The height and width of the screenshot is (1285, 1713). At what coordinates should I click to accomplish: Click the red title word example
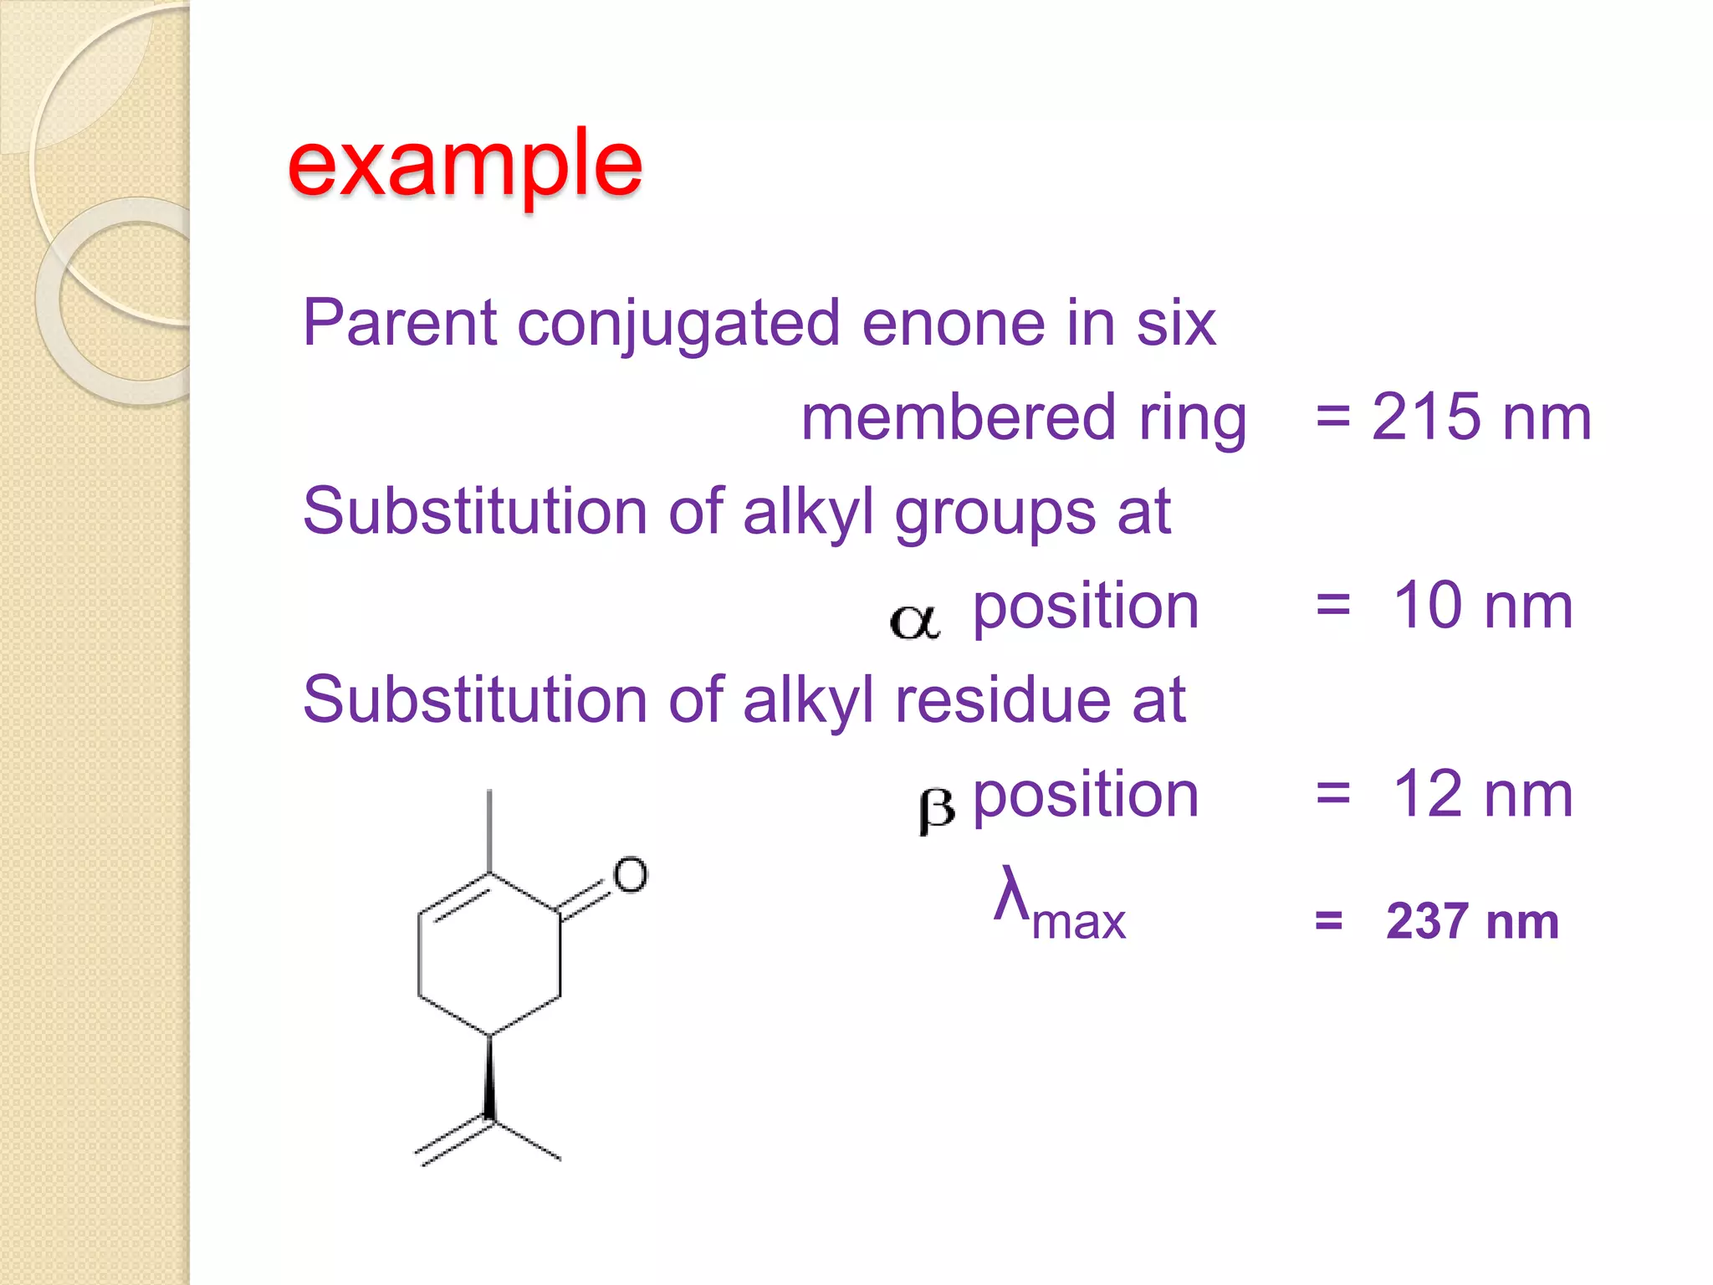[x=464, y=165]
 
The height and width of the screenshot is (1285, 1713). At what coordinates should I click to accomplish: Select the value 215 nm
[x=1480, y=417]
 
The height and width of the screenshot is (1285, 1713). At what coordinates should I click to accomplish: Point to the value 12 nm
[x=1482, y=794]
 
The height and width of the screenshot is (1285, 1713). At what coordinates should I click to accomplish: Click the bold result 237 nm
[x=1472, y=922]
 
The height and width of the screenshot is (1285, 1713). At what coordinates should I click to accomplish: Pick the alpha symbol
[x=914, y=622]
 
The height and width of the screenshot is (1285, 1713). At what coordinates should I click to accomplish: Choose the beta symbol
[x=936, y=809]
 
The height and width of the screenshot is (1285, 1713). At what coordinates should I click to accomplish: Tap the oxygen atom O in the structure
[x=630, y=875]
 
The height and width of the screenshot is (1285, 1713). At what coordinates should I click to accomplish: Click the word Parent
[x=401, y=322]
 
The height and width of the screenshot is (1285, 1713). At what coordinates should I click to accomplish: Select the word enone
[x=953, y=323]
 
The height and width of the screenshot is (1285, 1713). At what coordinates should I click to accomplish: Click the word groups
[x=995, y=513]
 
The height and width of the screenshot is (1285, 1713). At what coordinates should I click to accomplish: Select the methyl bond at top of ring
[x=489, y=831]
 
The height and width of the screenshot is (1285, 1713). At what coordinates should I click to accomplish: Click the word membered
[x=959, y=417]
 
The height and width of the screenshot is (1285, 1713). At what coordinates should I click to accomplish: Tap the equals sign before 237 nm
[x=1328, y=922]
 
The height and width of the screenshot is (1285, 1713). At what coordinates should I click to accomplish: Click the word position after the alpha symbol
[x=1086, y=607]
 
